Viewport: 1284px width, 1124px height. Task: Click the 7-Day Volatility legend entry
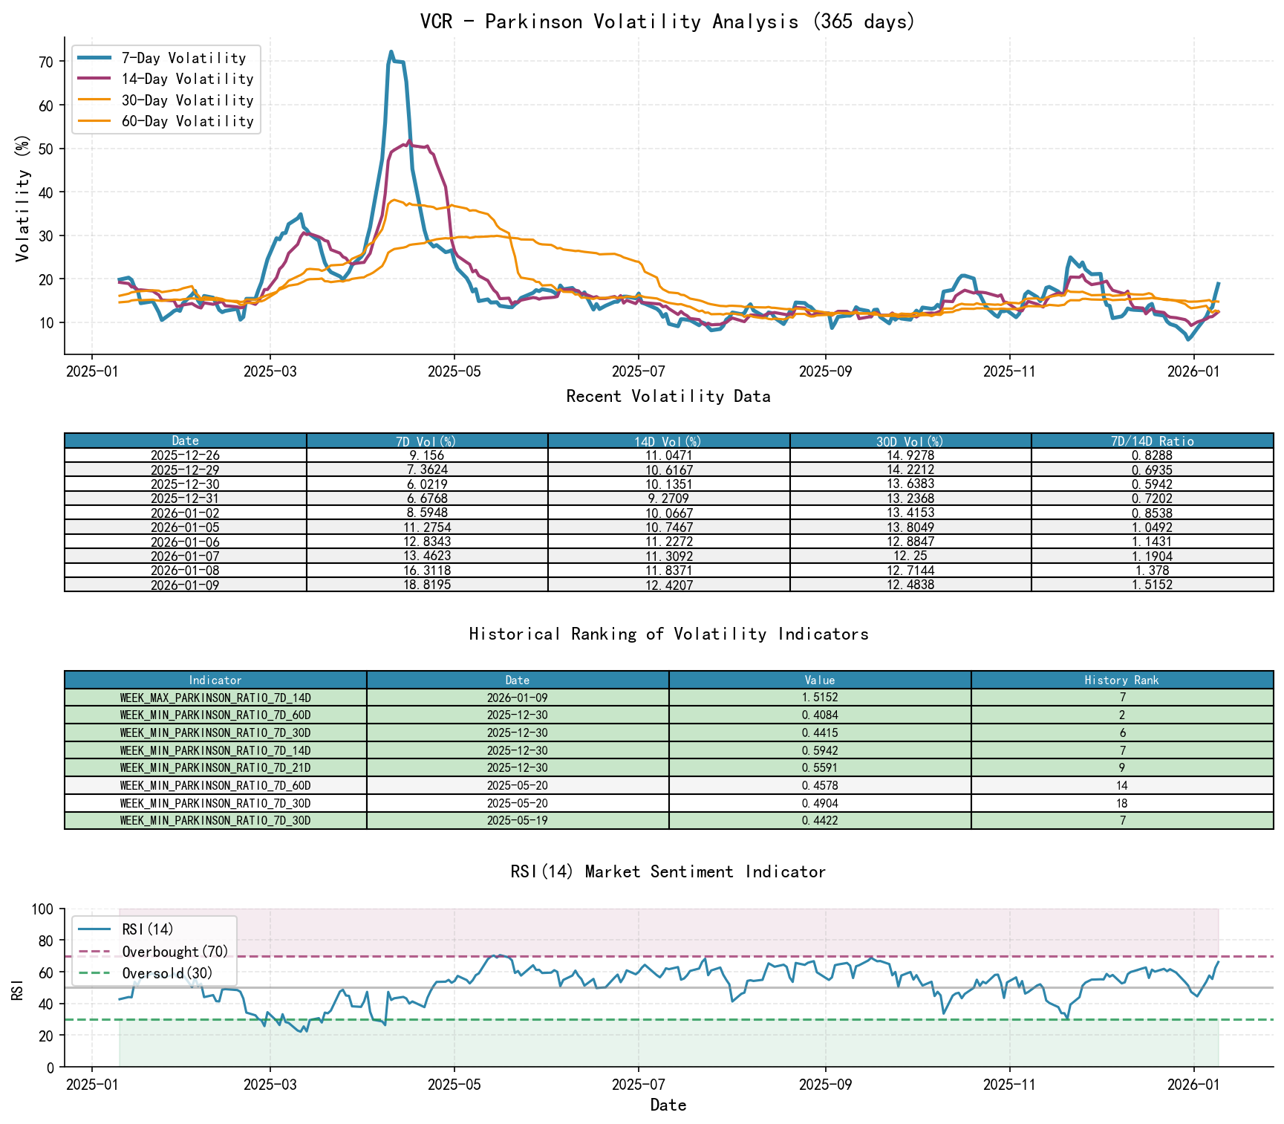click(183, 58)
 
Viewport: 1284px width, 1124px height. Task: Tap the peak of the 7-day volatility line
click(391, 52)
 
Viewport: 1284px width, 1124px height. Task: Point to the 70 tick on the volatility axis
click(46, 62)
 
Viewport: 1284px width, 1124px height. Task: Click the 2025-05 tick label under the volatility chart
click(454, 371)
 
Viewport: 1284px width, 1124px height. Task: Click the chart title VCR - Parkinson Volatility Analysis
click(668, 22)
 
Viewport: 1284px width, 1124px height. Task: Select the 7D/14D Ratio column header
click(1152, 441)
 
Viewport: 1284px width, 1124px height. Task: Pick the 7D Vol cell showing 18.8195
click(427, 585)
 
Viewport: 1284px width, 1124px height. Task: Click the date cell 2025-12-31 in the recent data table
click(185, 498)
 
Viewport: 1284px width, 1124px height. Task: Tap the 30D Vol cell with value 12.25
click(910, 556)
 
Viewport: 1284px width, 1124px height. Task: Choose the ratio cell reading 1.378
click(1152, 571)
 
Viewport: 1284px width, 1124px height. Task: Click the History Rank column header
click(1121, 680)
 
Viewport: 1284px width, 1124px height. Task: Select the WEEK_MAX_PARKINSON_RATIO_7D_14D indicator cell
click(215, 698)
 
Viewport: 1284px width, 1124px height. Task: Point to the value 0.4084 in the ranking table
click(820, 715)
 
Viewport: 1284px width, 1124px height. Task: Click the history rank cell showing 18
click(1121, 803)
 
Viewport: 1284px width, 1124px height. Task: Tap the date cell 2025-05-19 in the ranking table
click(518, 821)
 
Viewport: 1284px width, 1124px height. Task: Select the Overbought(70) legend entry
click(175, 952)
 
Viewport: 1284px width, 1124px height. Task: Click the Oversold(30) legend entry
click(167, 973)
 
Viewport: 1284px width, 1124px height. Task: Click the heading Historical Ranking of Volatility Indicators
click(668, 634)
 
